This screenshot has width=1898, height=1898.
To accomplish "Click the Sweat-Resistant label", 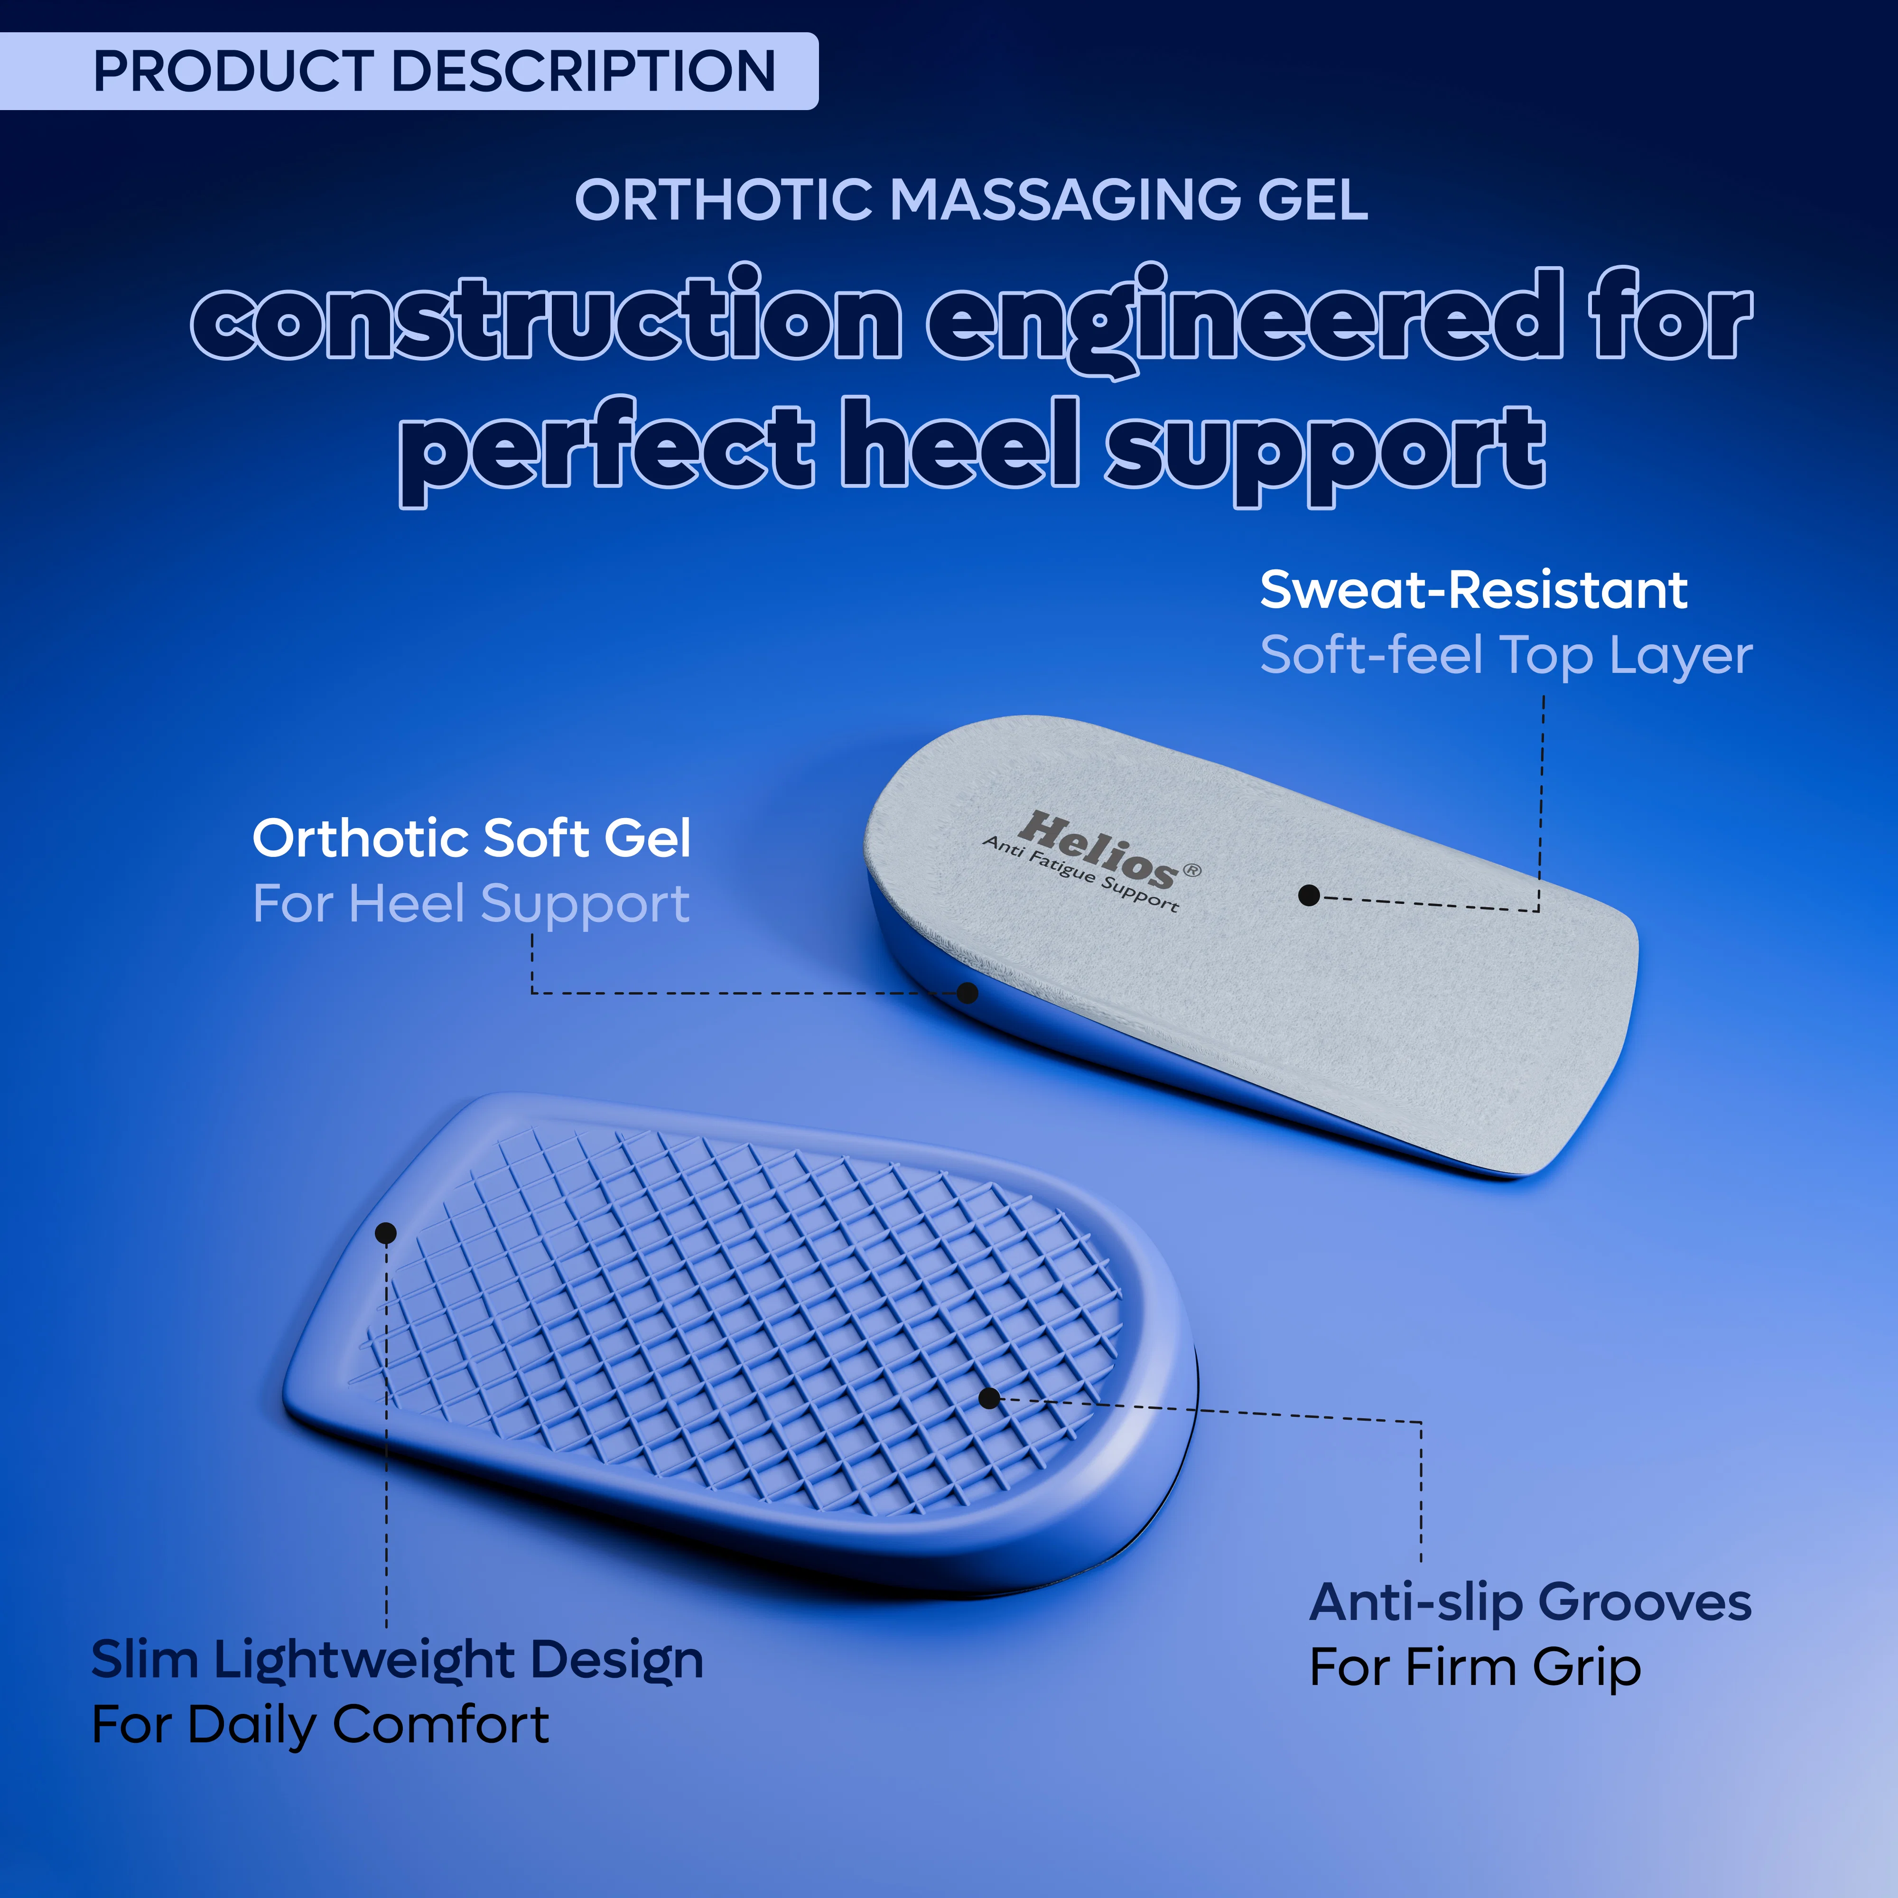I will click(1474, 590).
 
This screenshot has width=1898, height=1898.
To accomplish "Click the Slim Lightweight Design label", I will click(397, 1660).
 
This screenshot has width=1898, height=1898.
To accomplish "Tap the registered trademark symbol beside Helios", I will click(1191, 869).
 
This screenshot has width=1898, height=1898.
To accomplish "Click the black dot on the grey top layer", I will click(1309, 895).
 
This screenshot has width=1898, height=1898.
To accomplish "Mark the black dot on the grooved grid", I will click(989, 1398).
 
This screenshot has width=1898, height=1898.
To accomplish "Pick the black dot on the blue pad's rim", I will click(386, 1233).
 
